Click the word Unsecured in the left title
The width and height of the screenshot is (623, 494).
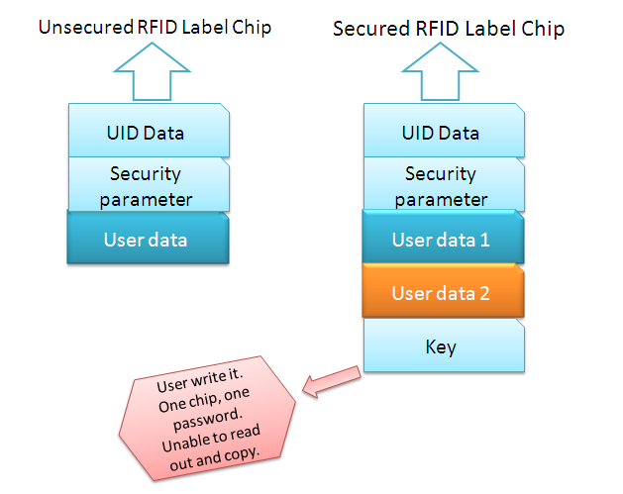click(86, 28)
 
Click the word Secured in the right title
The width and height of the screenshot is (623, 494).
click(371, 29)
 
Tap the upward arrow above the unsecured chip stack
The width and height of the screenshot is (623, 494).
click(152, 71)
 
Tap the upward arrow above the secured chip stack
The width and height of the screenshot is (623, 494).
click(440, 71)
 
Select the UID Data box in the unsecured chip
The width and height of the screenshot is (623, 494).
click(149, 131)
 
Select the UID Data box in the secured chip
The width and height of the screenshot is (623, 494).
click(444, 131)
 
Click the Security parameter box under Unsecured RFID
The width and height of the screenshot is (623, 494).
click(149, 184)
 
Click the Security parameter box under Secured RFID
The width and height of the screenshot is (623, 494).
click(444, 184)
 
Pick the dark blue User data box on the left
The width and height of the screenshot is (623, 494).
click(148, 238)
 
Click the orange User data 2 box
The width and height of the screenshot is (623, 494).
click(443, 291)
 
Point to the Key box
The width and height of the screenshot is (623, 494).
click(444, 346)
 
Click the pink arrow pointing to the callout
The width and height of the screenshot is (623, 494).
click(332, 381)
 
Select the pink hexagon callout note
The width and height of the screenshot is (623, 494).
click(207, 418)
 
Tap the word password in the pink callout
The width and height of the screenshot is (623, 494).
click(207, 419)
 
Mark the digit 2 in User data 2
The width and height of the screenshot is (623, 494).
click(484, 293)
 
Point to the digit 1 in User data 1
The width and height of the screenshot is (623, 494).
click(484, 240)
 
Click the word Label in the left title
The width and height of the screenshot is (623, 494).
click(205, 28)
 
